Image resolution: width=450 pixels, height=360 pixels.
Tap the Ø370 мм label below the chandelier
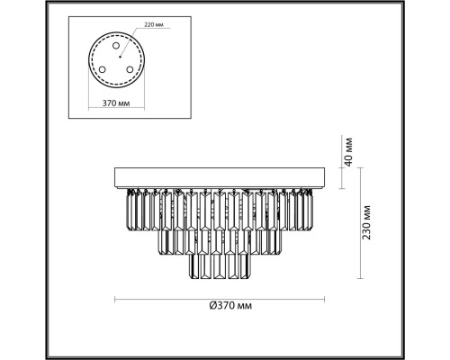tap(225, 307)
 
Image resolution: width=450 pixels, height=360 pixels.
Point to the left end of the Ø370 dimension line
tap(115, 297)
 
